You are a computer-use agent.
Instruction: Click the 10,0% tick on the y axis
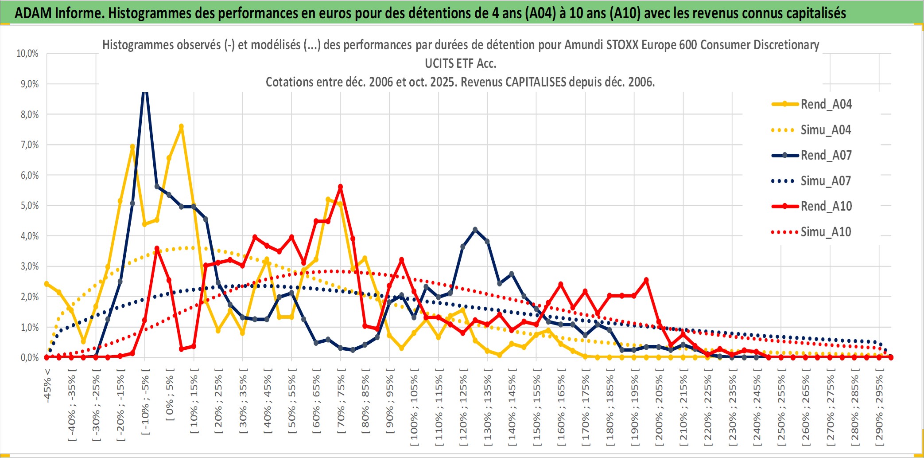coord(27,54)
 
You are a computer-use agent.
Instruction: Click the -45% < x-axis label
coord(47,386)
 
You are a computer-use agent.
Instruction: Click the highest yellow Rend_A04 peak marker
coord(181,126)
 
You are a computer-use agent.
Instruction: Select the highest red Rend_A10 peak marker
coord(340,187)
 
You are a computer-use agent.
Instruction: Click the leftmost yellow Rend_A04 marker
coord(47,284)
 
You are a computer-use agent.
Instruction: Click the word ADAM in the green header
coord(33,13)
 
